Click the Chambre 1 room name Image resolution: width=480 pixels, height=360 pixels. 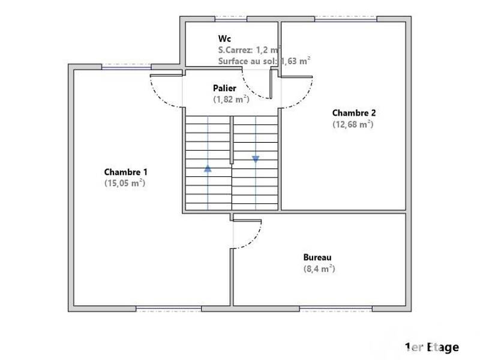coord(125,172)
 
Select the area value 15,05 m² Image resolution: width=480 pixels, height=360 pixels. coord(125,184)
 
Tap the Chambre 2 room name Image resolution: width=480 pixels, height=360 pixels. coord(353,113)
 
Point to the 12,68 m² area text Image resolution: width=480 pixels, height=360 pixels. coord(353,124)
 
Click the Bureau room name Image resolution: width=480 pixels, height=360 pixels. coord(317,257)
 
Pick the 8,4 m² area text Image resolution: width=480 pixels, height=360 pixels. coord(319,269)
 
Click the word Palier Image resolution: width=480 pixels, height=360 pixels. coord(224,88)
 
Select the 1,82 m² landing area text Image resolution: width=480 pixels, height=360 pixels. coord(231,100)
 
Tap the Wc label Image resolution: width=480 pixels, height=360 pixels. coord(224,38)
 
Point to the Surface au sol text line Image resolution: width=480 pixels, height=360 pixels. coord(264,61)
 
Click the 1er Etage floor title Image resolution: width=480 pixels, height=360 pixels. coord(432,347)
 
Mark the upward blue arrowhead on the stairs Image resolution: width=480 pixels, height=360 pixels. coord(208,169)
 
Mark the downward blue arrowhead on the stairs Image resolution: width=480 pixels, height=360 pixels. coord(256,159)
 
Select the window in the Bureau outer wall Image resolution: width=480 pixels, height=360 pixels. coord(337,308)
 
